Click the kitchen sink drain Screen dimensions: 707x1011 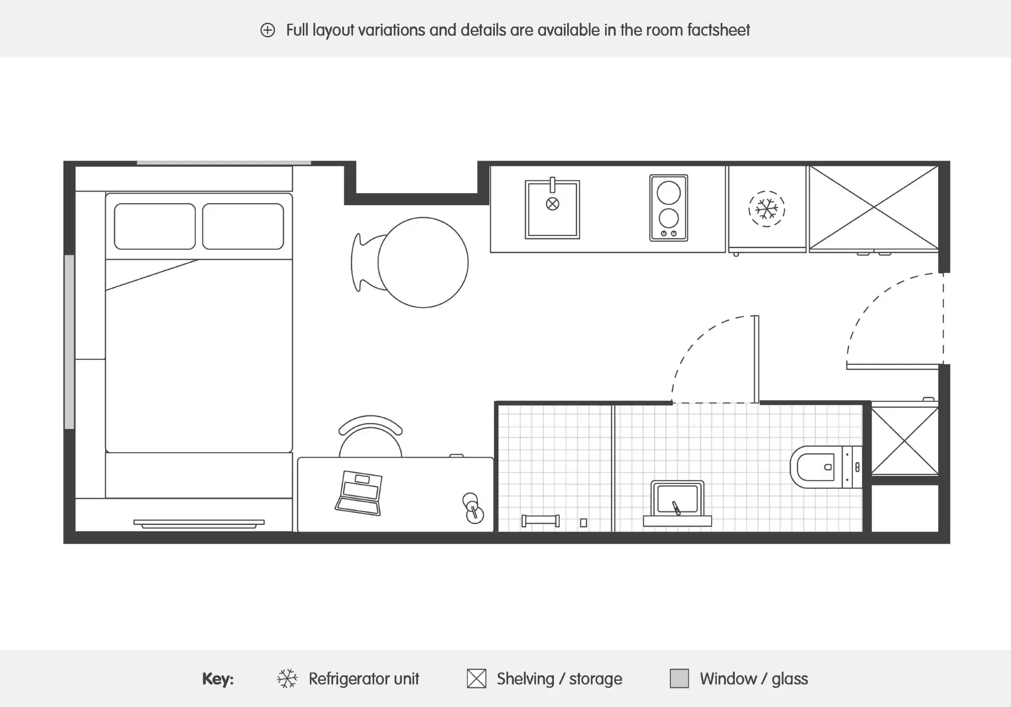pos(553,204)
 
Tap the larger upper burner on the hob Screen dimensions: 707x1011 pos(668,193)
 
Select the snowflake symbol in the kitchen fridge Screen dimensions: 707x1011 pos(766,209)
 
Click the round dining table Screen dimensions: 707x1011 pos(423,262)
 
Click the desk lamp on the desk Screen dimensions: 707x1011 pos(473,508)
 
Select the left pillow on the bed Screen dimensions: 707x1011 pos(155,226)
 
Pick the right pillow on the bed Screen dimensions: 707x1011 pos(243,226)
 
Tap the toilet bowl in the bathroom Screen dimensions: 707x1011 pos(815,467)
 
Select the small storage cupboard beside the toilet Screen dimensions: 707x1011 pos(904,441)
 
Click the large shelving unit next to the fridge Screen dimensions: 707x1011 pos(874,207)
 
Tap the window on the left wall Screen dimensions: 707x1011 pos(69,342)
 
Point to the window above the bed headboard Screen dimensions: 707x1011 pos(223,163)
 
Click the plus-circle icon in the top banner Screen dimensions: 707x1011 pos(267,30)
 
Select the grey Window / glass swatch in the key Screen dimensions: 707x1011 pos(679,678)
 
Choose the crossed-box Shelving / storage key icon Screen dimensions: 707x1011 pos(476,678)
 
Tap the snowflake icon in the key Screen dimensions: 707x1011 pos(287,678)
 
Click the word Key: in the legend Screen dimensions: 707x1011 pos(218,679)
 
